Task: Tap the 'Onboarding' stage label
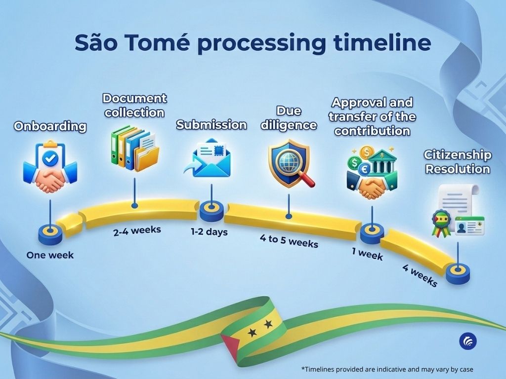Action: coord(50,126)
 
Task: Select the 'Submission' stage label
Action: coord(211,125)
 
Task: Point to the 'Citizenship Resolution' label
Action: coord(458,162)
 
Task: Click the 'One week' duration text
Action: coord(50,255)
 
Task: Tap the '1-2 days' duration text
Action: coord(209,231)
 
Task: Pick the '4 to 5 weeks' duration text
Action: coord(289,241)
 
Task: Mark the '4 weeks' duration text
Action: coord(420,276)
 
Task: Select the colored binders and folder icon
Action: coord(133,148)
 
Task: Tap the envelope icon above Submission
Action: coord(211,158)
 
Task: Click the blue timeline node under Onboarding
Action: coord(50,232)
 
